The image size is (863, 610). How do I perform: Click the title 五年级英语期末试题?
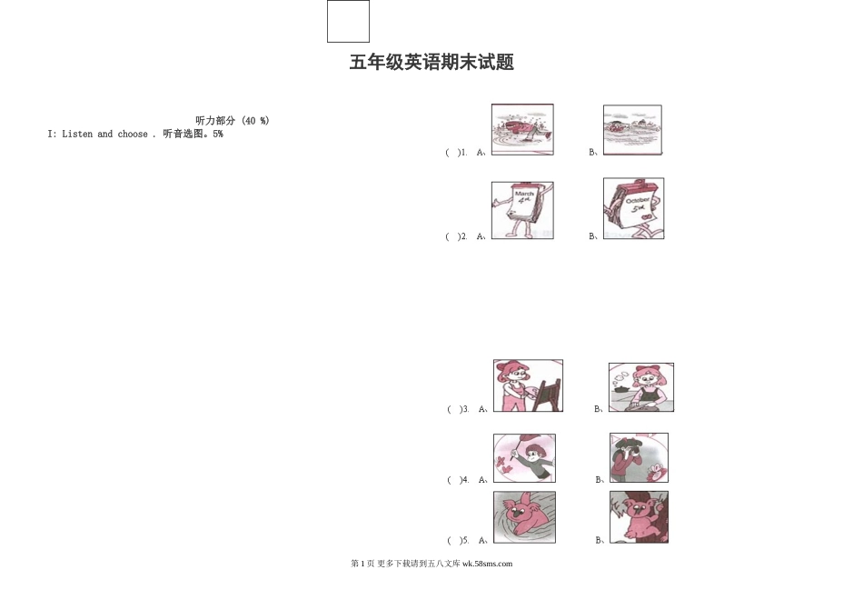(x=432, y=62)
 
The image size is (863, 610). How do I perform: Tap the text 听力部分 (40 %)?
(x=233, y=121)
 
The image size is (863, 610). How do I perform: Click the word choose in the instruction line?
(x=133, y=134)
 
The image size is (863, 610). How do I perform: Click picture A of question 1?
(x=522, y=129)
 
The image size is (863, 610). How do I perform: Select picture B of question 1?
(x=632, y=130)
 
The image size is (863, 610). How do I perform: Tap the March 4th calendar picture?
(x=522, y=210)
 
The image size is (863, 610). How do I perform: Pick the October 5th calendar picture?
(x=633, y=208)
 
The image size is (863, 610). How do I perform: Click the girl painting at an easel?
(x=528, y=385)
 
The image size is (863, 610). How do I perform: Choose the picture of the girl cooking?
(x=641, y=387)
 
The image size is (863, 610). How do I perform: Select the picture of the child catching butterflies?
(x=524, y=458)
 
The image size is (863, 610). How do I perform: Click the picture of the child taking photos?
(x=639, y=457)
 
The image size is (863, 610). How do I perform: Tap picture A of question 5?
(x=524, y=517)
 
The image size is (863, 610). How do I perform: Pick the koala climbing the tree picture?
(x=639, y=517)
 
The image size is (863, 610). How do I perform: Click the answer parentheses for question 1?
(x=453, y=153)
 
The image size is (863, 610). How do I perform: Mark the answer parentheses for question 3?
(x=455, y=409)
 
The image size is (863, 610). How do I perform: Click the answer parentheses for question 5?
(x=455, y=540)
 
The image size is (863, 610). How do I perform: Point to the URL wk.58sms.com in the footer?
(x=487, y=564)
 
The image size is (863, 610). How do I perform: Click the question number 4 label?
(x=465, y=479)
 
